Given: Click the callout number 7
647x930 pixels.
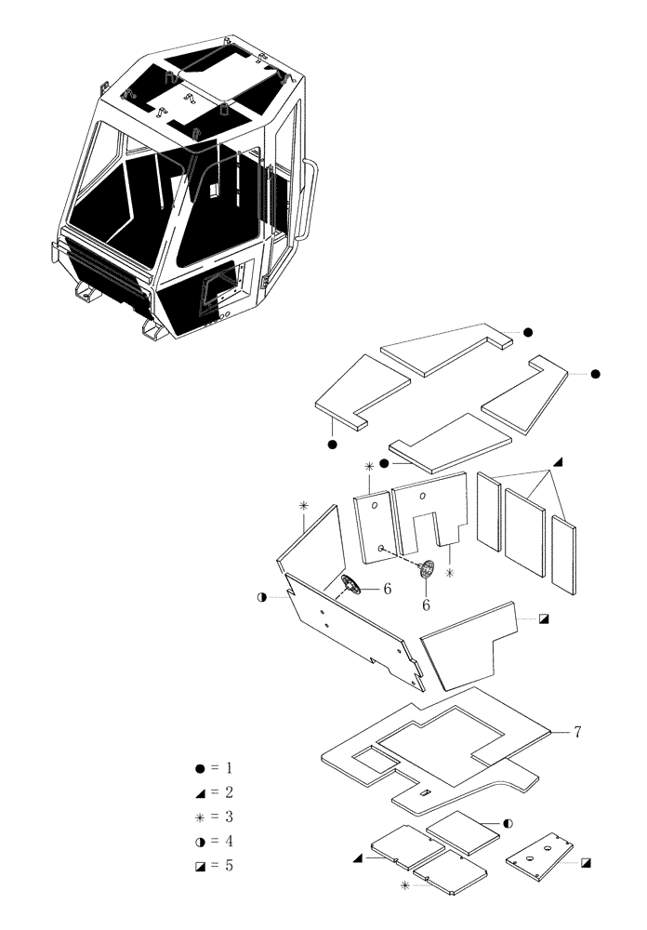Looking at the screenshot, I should [576, 733].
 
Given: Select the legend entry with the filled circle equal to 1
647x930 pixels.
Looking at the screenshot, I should [214, 768].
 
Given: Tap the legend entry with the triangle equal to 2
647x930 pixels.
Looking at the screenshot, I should [214, 792].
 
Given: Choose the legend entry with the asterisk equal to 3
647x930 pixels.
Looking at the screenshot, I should [214, 817].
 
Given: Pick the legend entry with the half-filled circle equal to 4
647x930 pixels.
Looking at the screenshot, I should [214, 841].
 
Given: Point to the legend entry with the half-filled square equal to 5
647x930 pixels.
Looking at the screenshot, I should [214, 865].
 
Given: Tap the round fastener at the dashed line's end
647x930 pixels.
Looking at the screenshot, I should [427, 571].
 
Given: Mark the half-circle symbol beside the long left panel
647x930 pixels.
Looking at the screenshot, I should [263, 597].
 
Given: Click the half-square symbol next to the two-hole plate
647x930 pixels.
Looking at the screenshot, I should [586, 862].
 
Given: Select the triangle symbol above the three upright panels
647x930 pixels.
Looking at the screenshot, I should [558, 462].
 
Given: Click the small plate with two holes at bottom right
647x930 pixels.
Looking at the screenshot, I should [540, 853].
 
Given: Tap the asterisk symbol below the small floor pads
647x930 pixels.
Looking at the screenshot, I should [404, 886].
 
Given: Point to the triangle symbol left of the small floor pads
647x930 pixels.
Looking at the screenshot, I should [357, 858].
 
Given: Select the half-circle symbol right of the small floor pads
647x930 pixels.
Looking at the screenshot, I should [508, 823].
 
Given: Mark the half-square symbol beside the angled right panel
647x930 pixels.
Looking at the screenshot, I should [544, 618].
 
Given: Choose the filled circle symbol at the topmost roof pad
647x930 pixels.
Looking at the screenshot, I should [526, 332].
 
